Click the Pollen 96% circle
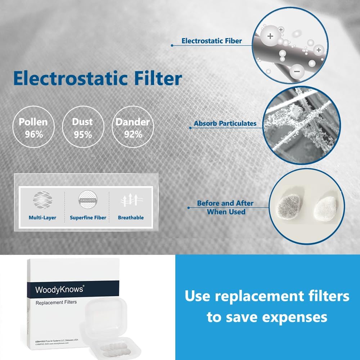click(33, 128)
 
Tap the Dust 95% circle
click(82, 128)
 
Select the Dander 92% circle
click(132, 128)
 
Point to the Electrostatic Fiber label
click(212, 41)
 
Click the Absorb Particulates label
click(225, 123)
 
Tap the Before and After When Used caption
click(225, 208)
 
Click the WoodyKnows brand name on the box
click(59, 289)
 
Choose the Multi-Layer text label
click(42, 218)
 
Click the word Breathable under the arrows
click(131, 218)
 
